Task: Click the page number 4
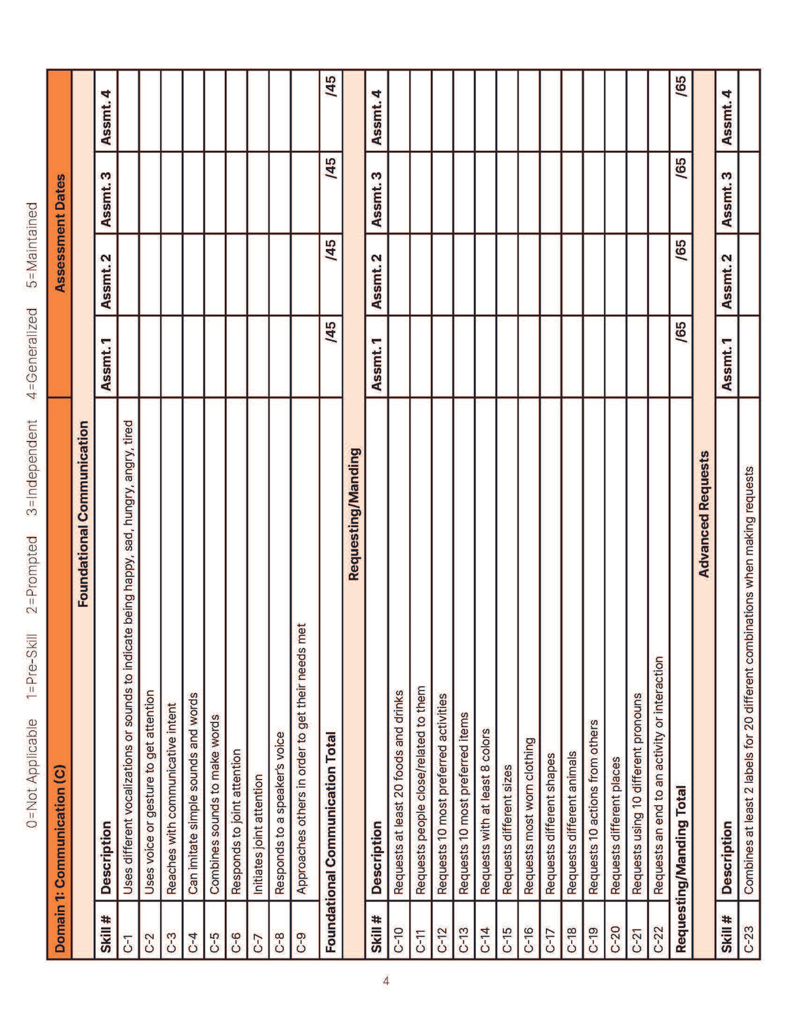[x=386, y=981]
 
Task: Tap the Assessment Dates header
[x=60, y=233]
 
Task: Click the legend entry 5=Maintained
[x=32, y=246]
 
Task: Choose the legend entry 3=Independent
[x=32, y=467]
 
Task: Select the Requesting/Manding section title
[x=353, y=514]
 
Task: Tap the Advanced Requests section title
[x=704, y=514]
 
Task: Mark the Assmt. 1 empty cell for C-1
[x=128, y=357]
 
